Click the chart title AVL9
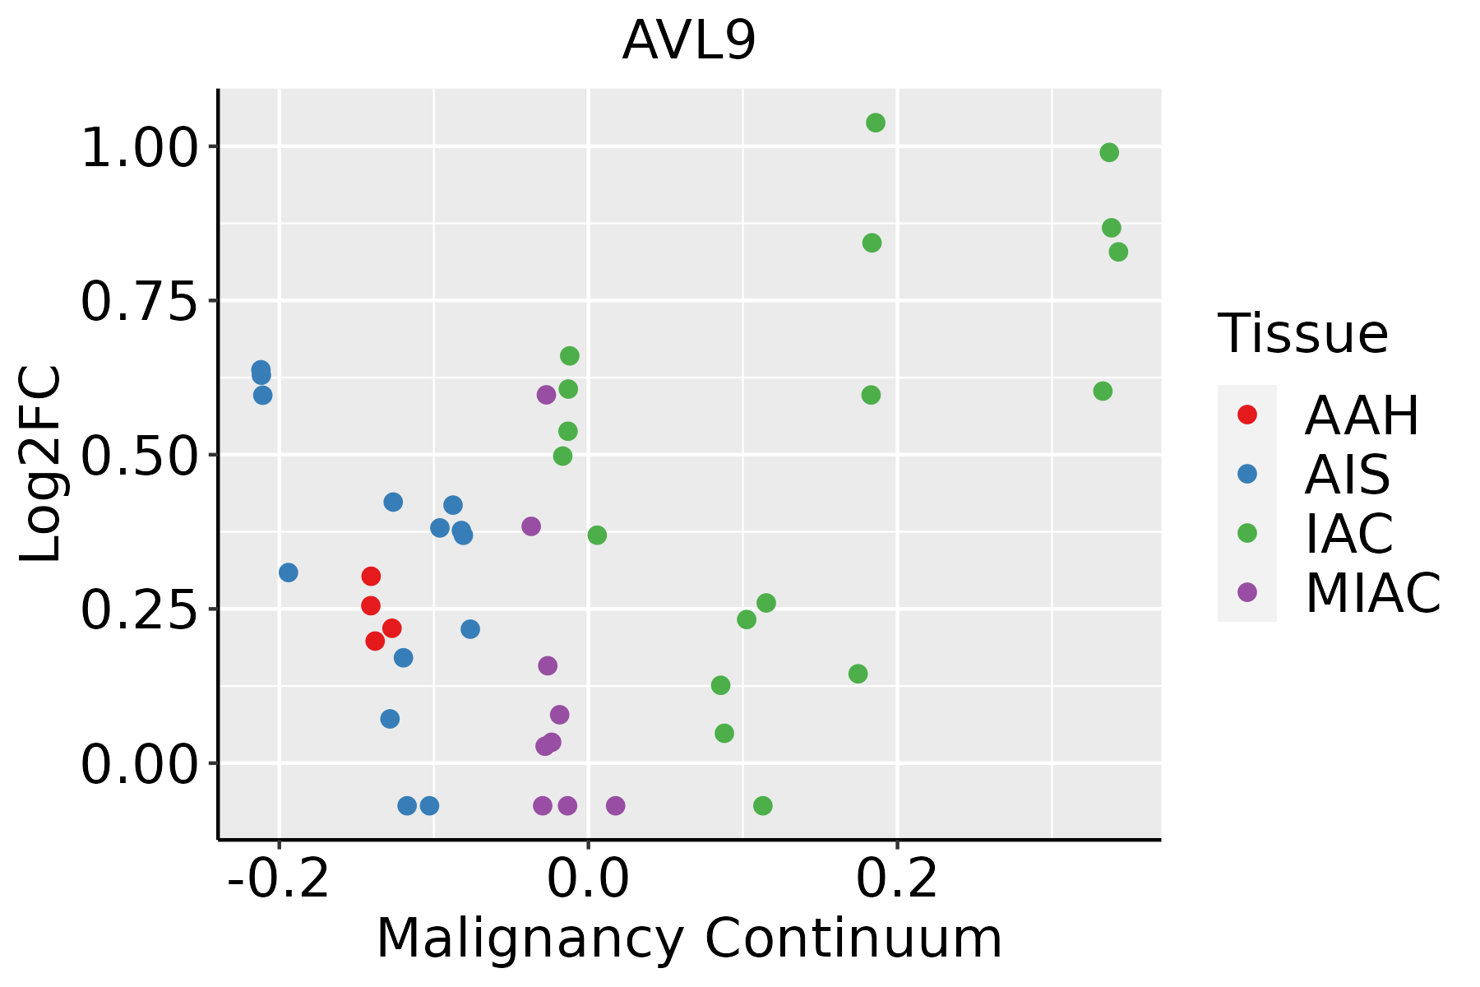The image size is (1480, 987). point(688,41)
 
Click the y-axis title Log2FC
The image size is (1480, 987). point(41,464)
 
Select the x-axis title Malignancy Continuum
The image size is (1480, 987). point(689,938)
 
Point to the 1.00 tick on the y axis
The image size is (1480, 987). point(140,149)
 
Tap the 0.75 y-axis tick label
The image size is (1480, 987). point(140,302)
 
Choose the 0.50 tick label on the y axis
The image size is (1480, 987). point(140,456)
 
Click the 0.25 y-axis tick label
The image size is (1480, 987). point(140,610)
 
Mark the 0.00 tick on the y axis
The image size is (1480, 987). point(140,764)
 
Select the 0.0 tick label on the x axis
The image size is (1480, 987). point(588,879)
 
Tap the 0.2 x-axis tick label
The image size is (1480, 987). point(897,879)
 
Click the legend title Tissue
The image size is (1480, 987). point(1302,334)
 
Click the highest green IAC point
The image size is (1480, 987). point(876,123)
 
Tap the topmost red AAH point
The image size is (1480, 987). point(371,577)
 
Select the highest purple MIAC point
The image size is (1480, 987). point(546,395)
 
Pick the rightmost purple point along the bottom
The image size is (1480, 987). point(615,806)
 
